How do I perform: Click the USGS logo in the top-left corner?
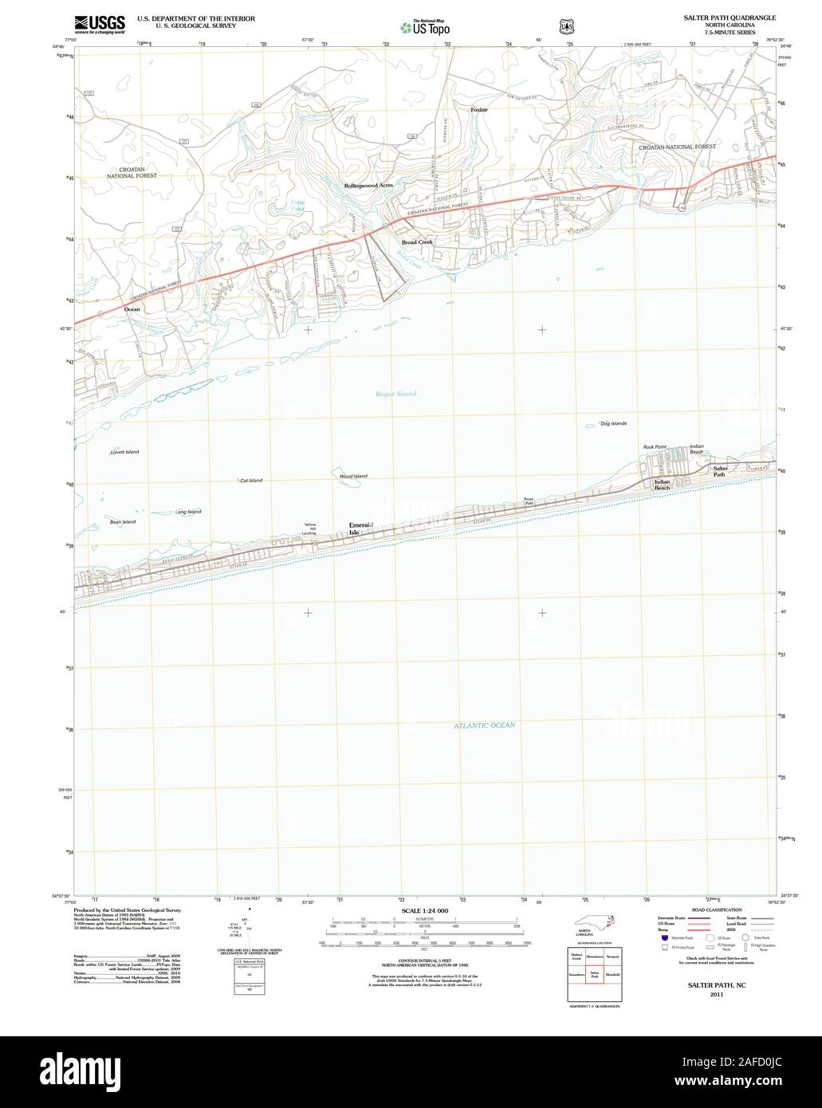coord(100,25)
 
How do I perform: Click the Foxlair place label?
coord(478,109)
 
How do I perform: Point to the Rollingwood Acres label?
coord(368,185)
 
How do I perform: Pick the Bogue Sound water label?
coord(395,394)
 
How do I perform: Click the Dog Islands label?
coord(613,423)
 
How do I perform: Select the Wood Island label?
coord(353,476)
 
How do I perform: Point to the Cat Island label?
coord(250,480)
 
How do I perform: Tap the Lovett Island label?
coord(124,452)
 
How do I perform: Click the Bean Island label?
coord(123,521)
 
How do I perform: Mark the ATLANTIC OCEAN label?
coord(485,725)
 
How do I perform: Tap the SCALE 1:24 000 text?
coord(425,910)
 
